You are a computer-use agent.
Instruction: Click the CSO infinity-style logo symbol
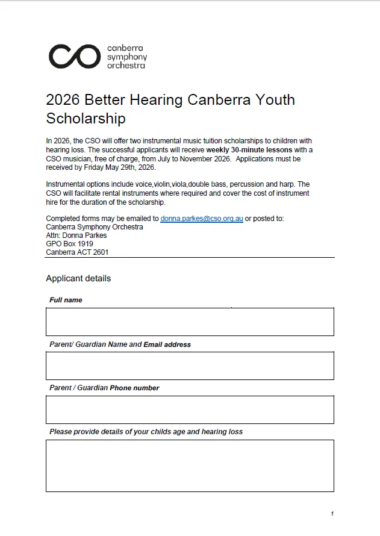[74, 56]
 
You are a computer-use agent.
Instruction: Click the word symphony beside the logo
[126, 57]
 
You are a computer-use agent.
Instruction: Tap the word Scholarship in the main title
[86, 118]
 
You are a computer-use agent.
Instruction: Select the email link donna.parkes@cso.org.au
[202, 219]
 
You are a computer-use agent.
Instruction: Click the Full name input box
[190, 322]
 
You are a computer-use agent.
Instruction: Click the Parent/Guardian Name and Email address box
[190, 366]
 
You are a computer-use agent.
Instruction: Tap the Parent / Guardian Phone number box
[190, 410]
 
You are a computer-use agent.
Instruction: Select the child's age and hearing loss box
[190, 466]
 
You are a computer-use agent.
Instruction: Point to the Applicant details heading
[78, 278]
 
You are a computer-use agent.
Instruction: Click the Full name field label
[66, 300]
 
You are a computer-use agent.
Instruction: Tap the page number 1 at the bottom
[332, 514]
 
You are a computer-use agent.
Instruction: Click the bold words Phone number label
[134, 388]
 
